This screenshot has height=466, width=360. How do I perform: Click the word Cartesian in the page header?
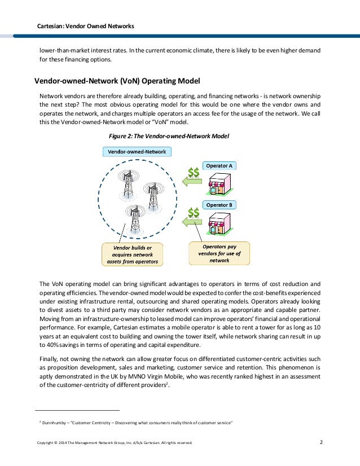click(x=50, y=27)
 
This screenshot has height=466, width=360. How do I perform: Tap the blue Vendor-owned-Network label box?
click(x=137, y=151)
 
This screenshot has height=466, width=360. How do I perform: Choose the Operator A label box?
click(x=219, y=166)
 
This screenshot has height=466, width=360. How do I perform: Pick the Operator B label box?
click(x=219, y=205)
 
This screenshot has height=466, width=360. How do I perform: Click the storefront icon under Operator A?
click(x=219, y=184)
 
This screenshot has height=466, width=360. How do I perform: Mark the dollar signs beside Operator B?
click(x=194, y=213)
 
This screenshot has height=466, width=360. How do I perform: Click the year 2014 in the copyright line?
click(x=66, y=443)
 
